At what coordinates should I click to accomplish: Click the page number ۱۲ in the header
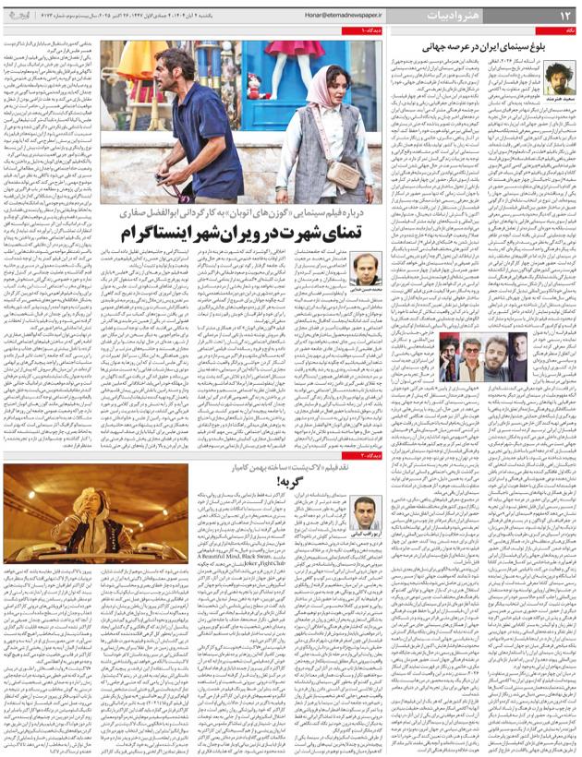pos(560,15)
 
